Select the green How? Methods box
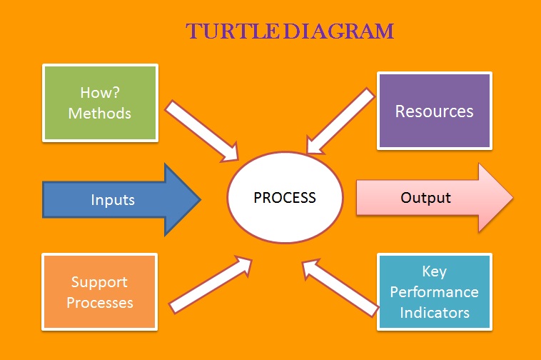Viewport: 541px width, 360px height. [100, 103]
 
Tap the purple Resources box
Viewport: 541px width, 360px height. [434, 111]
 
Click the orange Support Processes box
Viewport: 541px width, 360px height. [100, 292]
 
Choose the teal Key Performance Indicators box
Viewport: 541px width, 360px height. [434, 292]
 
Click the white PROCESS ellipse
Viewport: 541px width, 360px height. [285, 196]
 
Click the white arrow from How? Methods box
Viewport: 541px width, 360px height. [203, 130]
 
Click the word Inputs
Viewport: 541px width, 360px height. [113, 200]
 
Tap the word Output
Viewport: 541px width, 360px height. [425, 197]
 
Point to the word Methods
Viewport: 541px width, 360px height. [100, 113]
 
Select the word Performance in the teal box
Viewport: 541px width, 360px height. [434, 292]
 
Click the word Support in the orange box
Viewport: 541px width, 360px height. [100, 282]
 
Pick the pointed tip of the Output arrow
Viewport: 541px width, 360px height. [511, 197]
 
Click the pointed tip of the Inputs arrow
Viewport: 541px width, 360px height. [200, 199]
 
